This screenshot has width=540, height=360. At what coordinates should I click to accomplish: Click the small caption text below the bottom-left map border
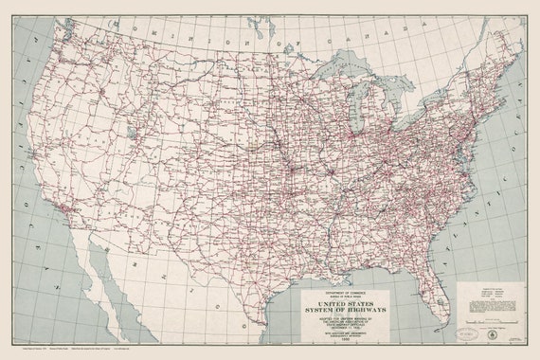pos(57,351)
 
